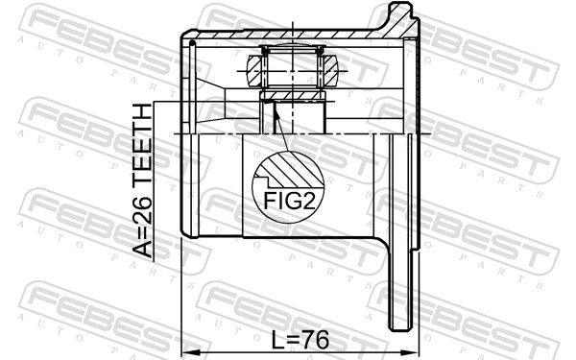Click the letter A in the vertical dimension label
point(143,252)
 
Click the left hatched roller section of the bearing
point(255,69)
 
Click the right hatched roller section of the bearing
point(328,69)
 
